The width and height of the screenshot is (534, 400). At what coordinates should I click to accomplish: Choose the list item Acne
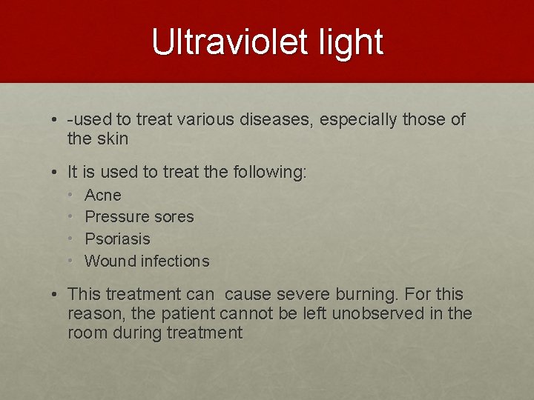pos(103,196)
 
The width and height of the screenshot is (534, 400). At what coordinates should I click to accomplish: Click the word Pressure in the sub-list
pos(115,217)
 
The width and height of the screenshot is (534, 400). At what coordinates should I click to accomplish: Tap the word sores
pos(171,217)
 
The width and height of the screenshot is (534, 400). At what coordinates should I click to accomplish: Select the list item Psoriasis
pos(117,239)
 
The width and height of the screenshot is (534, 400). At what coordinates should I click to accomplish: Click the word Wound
pos(111,261)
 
